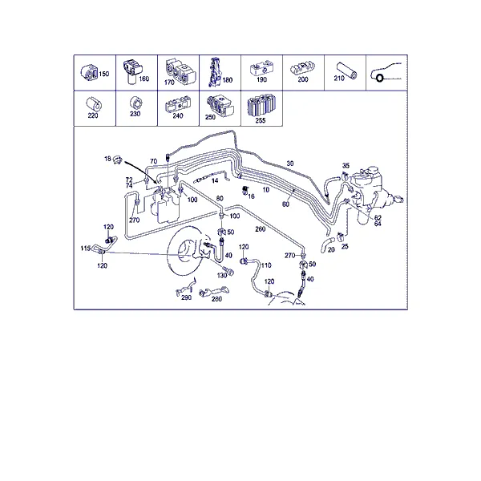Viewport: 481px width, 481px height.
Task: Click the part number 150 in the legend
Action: coord(103,74)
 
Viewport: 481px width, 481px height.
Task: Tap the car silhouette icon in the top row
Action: coord(386,72)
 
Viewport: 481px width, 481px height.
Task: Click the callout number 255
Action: coord(261,120)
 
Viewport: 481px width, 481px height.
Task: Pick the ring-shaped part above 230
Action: coord(136,103)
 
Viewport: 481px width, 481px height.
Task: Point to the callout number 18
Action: coord(107,159)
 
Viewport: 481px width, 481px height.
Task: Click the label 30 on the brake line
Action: coord(290,164)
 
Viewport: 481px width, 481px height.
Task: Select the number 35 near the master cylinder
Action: coord(346,166)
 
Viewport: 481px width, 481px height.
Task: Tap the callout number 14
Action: coord(215,180)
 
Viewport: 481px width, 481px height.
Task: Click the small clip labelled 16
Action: coord(245,191)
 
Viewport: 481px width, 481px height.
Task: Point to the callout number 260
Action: coord(260,229)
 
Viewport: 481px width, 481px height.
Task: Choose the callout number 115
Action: coord(86,248)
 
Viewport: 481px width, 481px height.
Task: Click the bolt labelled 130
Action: coord(229,271)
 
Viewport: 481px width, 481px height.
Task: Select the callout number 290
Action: coord(186,297)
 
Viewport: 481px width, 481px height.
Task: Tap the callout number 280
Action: coord(216,299)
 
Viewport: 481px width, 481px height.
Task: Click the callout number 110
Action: coord(266,265)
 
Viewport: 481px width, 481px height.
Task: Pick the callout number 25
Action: coord(345,246)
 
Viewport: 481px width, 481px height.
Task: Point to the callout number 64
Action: coord(378,224)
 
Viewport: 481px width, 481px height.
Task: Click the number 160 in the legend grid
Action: coord(143,79)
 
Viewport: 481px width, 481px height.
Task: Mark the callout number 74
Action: coord(129,186)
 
